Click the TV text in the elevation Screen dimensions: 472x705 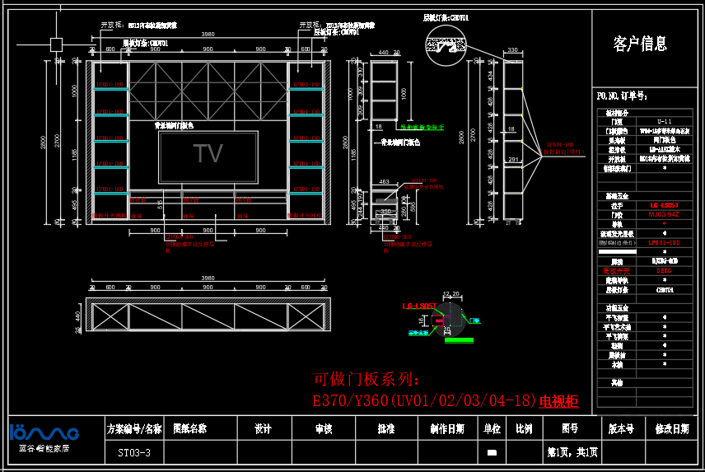[x=208, y=154]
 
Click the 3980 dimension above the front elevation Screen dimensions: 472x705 [x=208, y=35]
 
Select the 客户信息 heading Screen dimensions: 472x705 [x=640, y=44]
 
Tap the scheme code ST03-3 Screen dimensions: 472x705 [x=134, y=452]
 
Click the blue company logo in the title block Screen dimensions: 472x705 [x=44, y=433]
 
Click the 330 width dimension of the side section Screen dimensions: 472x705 [x=512, y=51]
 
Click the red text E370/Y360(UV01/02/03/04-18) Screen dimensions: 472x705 [x=424, y=402]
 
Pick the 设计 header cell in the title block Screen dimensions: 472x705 [x=263, y=428]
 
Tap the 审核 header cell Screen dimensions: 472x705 [x=324, y=428]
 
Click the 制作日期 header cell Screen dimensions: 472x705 [x=447, y=428]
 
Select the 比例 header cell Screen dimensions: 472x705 [x=523, y=428]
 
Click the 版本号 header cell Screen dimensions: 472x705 [x=621, y=428]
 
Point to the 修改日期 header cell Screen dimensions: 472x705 [x=672, y=428]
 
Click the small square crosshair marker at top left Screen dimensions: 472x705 [x=56, y=44]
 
